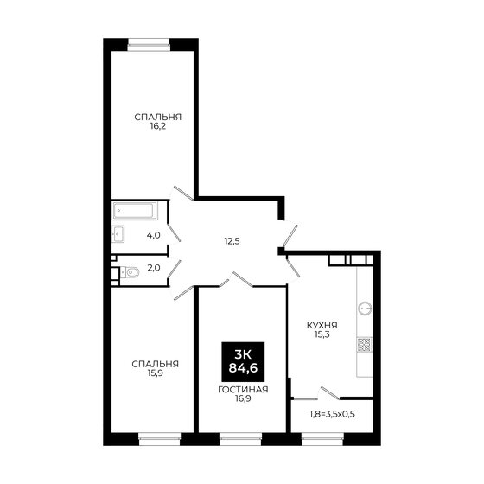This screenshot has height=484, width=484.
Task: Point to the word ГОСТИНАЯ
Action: tap(243, 389)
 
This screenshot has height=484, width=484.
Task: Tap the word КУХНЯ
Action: tap(322, 326)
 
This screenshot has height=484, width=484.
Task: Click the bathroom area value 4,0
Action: tap(153, 234)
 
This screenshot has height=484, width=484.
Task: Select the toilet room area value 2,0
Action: tap(153, 269)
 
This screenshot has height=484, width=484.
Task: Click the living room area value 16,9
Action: tap(243, 399)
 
